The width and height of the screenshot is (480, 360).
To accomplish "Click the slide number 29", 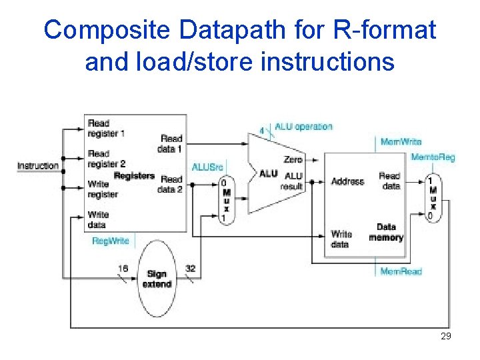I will point(446,336).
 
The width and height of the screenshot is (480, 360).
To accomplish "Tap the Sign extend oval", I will point(157,279).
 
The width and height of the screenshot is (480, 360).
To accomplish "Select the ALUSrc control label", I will point(207,166).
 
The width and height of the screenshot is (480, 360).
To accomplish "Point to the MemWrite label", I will point(401,141).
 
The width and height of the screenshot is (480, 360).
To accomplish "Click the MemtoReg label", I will point(433,157).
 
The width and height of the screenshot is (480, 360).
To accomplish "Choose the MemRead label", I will point(401,271).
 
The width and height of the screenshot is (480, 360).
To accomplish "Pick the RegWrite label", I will point(111,241).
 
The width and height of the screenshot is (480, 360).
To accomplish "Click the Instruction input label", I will point(38,165).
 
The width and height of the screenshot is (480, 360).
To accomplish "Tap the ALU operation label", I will point(303,127).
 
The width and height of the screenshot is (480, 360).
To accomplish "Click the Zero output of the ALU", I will point(293,159).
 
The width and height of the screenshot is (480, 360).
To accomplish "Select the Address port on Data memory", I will point(347,181).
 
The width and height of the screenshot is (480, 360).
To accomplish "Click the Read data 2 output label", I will point(171,184).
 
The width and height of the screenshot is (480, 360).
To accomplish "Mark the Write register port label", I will point(103,189).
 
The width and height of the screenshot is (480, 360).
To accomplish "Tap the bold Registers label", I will point(134,176).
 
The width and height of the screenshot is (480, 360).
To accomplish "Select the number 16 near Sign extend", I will point(123,269).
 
